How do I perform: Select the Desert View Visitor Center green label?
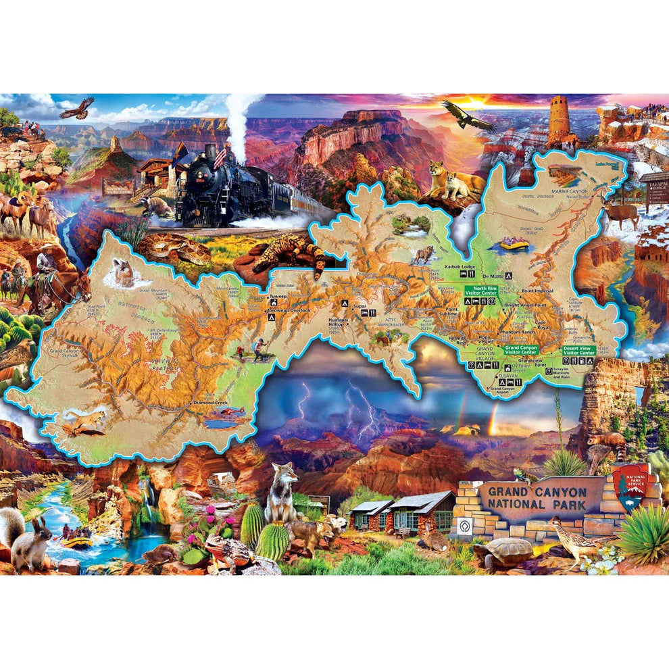(579, 351)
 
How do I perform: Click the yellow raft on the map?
(517, 243)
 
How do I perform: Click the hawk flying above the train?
(76, 107)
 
